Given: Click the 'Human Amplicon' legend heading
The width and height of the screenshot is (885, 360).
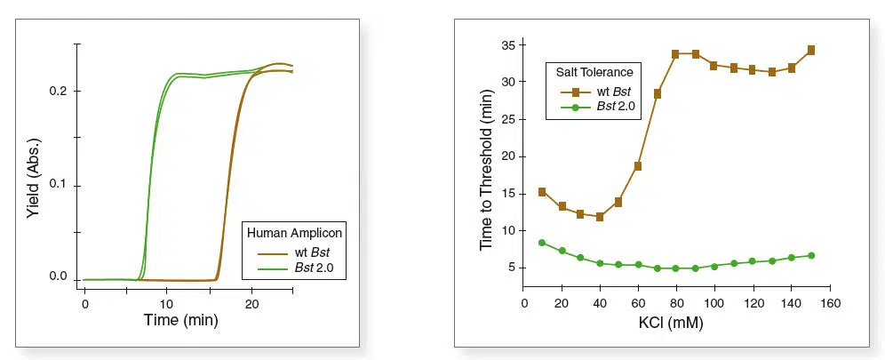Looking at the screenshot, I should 294,233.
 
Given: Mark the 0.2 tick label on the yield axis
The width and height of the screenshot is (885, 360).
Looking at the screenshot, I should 60,92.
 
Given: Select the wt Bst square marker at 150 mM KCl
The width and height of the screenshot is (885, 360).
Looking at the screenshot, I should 810,50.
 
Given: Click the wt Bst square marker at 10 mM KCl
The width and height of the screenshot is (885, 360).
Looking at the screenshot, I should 542,192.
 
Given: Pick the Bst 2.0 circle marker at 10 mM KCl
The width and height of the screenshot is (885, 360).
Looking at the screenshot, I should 542,243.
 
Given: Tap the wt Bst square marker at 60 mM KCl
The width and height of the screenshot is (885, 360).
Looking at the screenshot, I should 638,166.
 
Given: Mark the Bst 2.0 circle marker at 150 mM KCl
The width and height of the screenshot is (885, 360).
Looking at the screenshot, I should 810,256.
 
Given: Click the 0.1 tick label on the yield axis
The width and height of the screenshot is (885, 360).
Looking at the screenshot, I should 60,186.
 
